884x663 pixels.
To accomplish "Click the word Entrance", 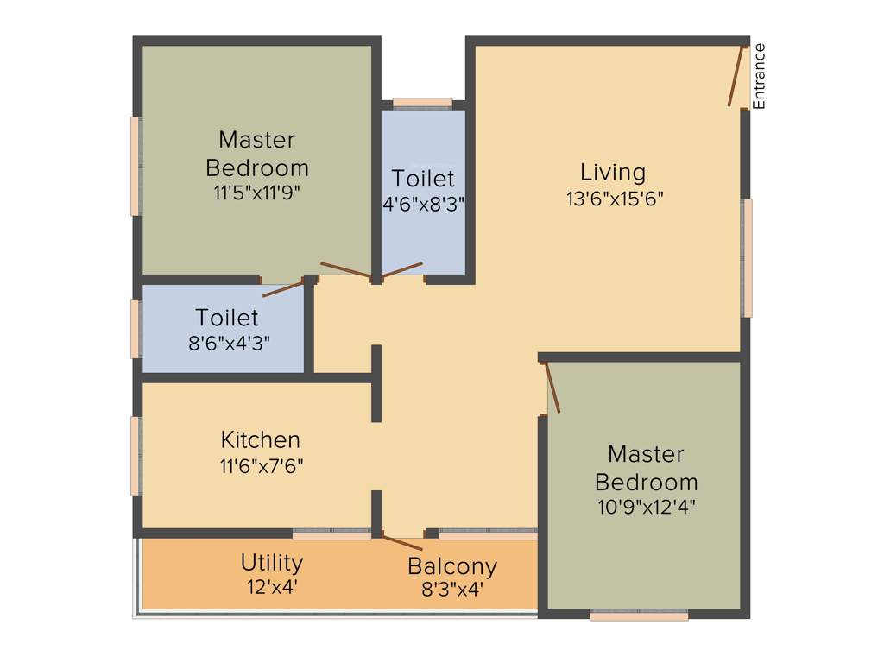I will click(x=760, y=76).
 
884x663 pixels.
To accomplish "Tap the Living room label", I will click(x=613, y=172).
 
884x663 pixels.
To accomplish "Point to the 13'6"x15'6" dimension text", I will click(x=615, y=199).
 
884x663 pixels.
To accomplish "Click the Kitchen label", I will click(x=261, y=439).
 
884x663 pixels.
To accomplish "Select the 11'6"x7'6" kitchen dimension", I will click(x=262, y=466).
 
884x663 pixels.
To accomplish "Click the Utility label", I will click(x=272, y=563).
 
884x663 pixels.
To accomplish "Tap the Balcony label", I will click(x=452, y=567).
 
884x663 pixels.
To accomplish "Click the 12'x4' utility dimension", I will click(x=271, y=588).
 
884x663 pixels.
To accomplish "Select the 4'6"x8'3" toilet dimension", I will click(x=424, y=205).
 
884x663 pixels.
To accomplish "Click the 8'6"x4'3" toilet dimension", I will click(x=229, y=342).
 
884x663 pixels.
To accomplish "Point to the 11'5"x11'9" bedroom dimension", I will click(x=256, y=193).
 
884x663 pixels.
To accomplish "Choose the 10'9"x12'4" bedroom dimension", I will click(x=647, y=507).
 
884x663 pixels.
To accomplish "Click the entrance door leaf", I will click(x=736, y=76).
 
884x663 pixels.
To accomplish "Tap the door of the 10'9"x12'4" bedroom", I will click(x=553, y=388).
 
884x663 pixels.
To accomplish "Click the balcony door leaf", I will click(x=402, y=543).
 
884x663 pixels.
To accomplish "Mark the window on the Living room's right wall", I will click(x=748, y=257).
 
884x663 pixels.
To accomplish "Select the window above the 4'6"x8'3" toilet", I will click(x=422, y=103).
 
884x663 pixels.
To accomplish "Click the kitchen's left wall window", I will click(x=136, y=456).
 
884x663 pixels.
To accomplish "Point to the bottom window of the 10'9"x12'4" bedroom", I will click(x=639, y=616).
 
